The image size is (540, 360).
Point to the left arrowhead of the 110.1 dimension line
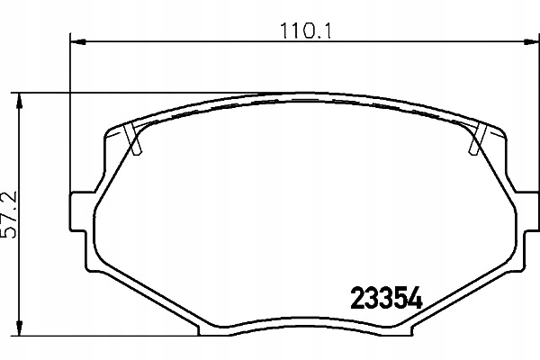coord(76,40)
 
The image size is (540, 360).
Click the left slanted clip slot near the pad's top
coord(136,139)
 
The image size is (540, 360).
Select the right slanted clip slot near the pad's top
coord(478,139)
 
